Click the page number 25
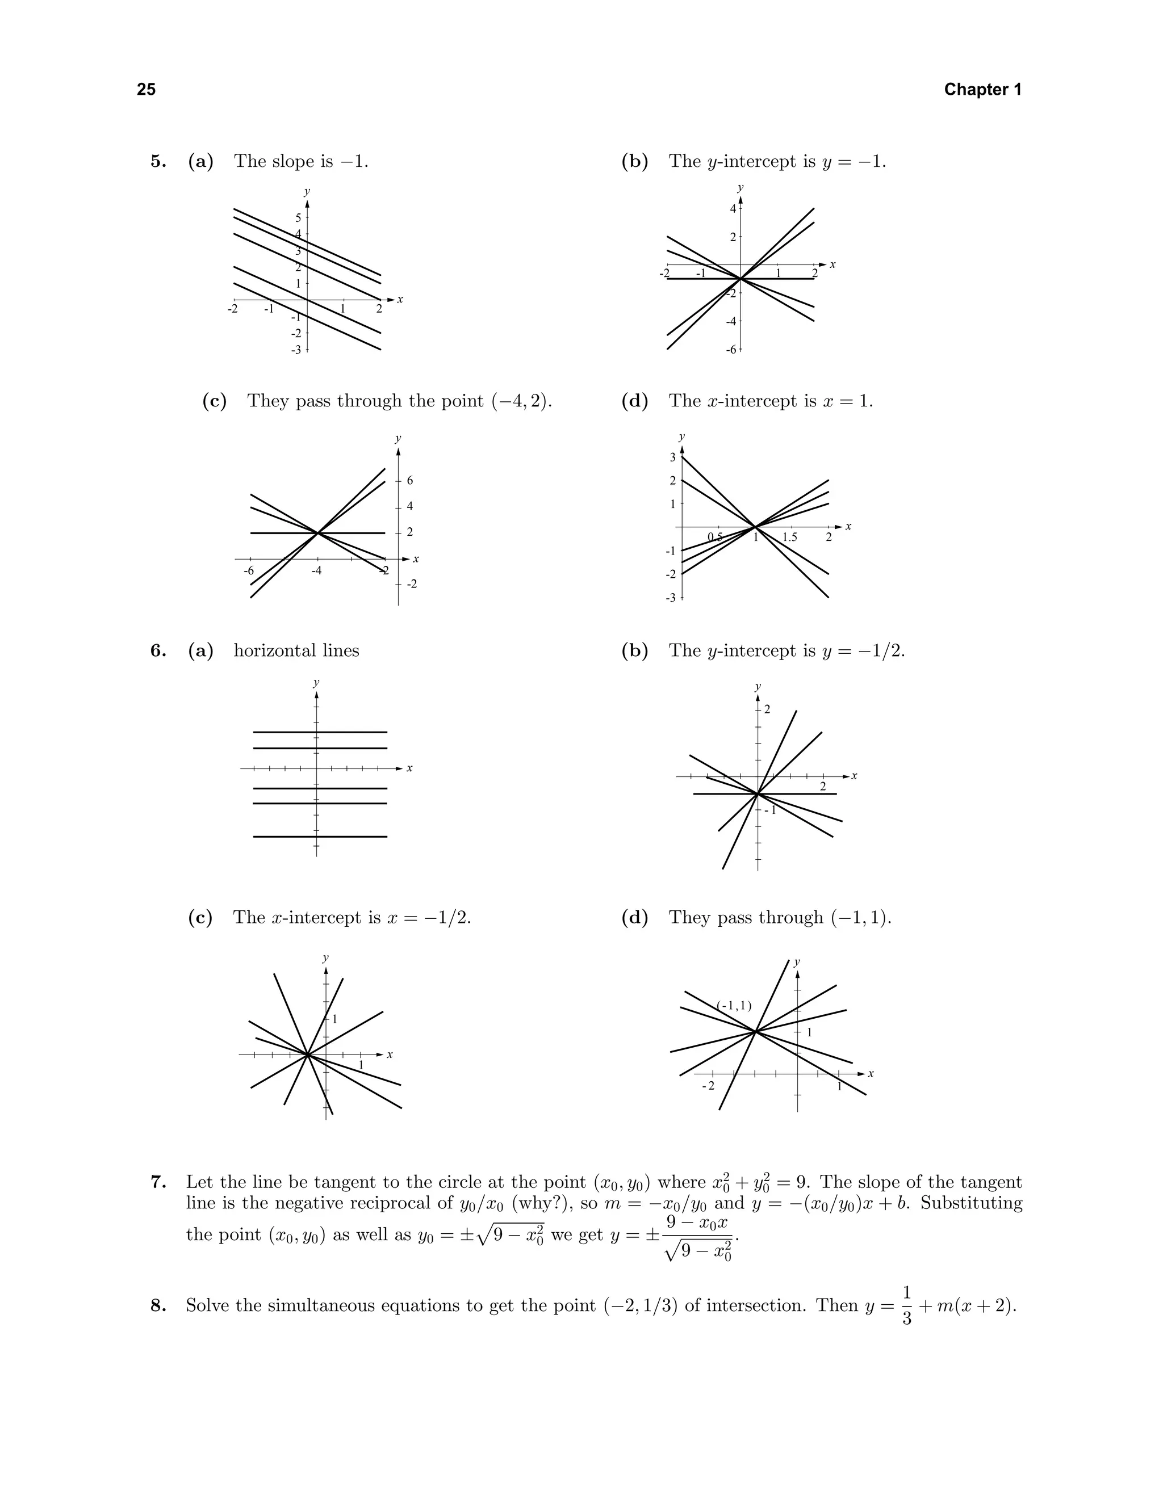pyautogui.click(x=146, y=90)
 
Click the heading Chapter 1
pyautogui.click(x=982, y=90)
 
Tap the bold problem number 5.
pyautogui.click(x=158, y=162)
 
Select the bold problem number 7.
pyautogui.click(x=158, y=1182)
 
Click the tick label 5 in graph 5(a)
pyautogui.click(x=298, y=217)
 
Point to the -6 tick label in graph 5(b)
pyautogui.click(x=731, y=350)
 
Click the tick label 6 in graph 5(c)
pyautogui.click(x=410, y=481)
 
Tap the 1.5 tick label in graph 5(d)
pyautogui.click(x=789, y=537)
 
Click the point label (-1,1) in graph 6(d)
pyautogui.click(x=734, y=1006)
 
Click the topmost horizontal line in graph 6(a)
pyautogui.click(x=320, y=732)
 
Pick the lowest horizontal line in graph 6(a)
pyautogui.click(x=320, y=837)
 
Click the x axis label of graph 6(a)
pyautogui.click(x=409, y=768)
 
